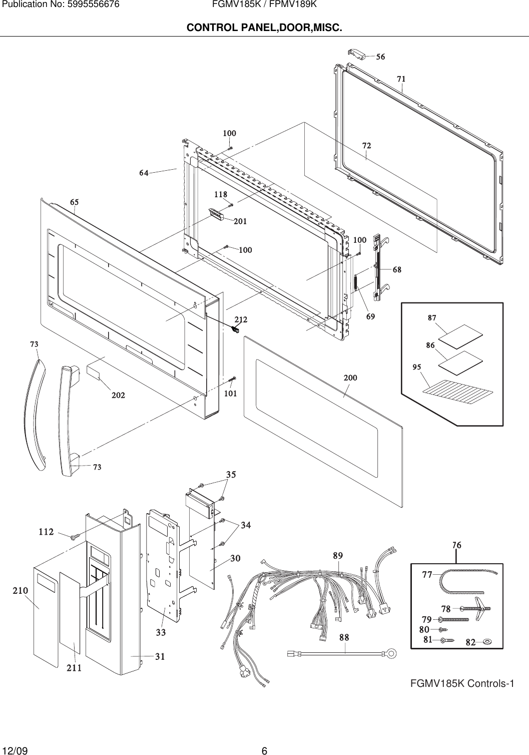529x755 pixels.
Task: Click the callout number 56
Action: click(380, 57)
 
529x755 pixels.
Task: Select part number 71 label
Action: click(401, 79)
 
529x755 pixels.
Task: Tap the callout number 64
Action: click(144, 173)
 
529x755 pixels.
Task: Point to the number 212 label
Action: click(241, 319)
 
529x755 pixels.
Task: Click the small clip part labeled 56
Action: click(357, 54)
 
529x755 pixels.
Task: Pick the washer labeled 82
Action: click(488, 641)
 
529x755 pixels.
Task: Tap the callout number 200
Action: click(350, 378)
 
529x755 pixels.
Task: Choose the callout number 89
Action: click(338, 556)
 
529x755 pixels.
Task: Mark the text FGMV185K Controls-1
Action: click(462, 683)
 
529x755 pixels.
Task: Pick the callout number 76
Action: click(456, 545)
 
